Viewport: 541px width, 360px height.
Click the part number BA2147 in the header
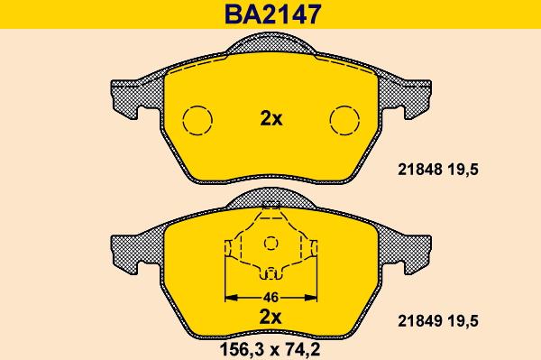tap(272, 14)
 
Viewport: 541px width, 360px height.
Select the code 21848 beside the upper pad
tap(420, 170)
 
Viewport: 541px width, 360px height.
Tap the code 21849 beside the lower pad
tap(420, 321)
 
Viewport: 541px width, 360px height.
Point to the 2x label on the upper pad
tap(271, 119)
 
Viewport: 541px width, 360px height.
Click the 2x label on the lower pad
tap(270, 317)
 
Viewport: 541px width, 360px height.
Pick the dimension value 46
tap(270, 298)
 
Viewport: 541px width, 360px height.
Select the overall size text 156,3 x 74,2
tap(270, 350)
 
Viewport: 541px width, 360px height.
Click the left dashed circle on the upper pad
tap(197, 106)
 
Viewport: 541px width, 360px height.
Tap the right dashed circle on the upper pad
tap(344, 106)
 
